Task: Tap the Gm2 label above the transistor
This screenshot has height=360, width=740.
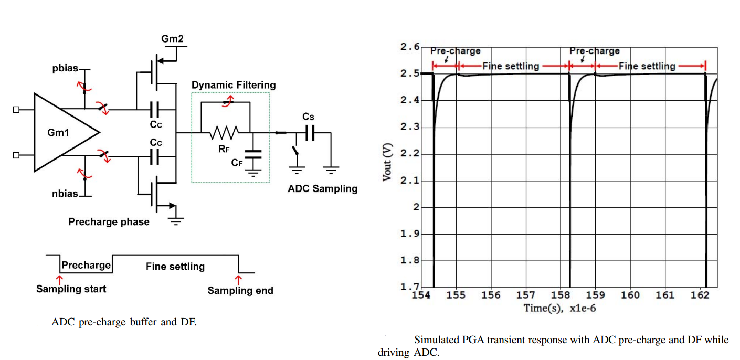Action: pos(172,39)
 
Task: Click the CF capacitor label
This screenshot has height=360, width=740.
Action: pos(237,163)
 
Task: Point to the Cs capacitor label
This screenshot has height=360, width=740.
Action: pos(308,117)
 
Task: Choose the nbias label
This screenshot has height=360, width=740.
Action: pos(65,194)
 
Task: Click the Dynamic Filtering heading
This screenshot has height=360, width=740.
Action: pos(234,85)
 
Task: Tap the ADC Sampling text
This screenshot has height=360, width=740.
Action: pos(322,189)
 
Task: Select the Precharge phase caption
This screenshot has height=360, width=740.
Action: pos(109,222)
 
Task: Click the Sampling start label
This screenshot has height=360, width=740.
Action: pos(71,289)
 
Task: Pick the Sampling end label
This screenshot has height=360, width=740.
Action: pos(240,290)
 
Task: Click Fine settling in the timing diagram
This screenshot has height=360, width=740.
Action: pos(175,267)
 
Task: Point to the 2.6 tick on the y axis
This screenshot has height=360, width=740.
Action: pos(410,47)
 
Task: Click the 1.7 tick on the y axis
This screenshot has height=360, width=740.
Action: pos(410,287)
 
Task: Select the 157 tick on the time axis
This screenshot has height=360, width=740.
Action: pos(525,295)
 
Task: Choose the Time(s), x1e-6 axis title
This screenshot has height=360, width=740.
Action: pos(559,308)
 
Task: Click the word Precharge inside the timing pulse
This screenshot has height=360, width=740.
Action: pos(86,265)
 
